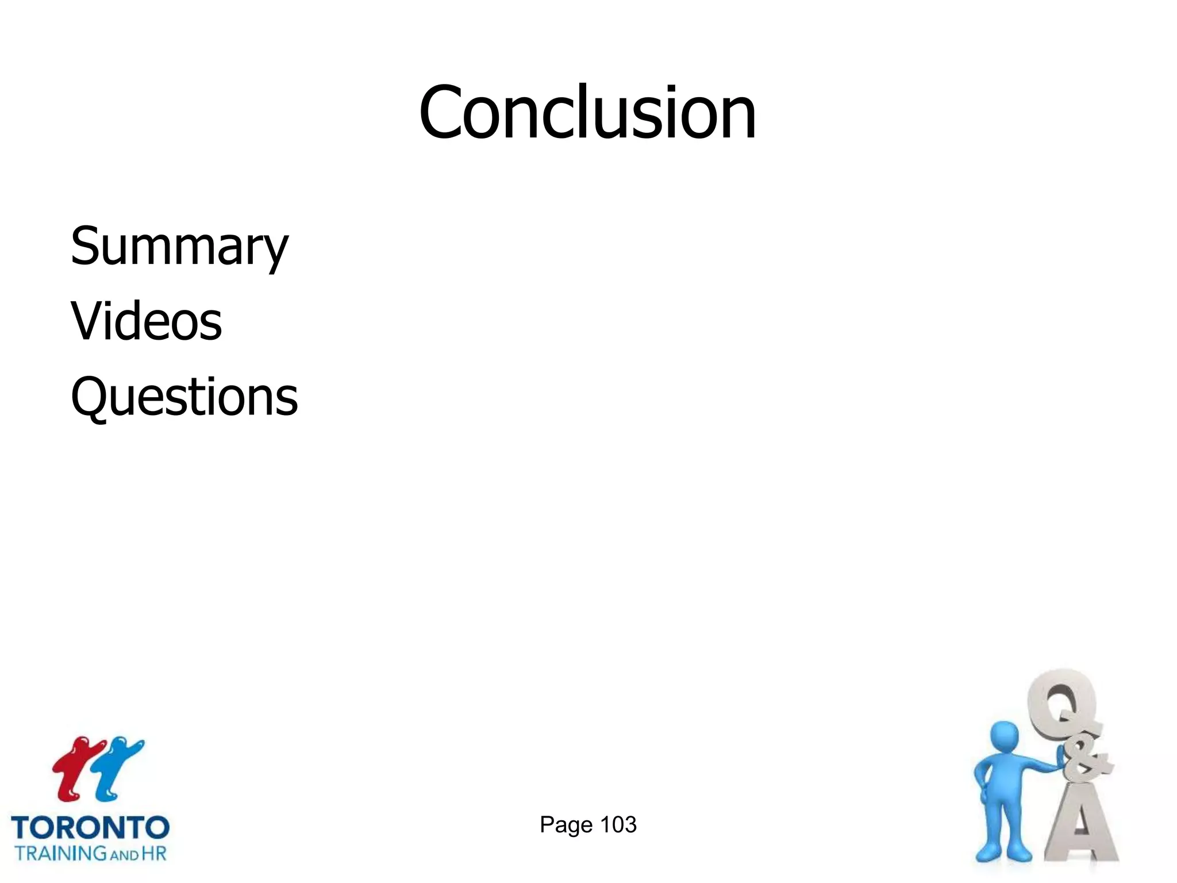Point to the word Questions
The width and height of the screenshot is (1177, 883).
[184, 397]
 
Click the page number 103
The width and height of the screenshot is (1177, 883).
[618, 824]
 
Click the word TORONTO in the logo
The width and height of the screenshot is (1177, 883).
[90, 828]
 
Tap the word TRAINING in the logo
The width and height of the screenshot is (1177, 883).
[61, 853]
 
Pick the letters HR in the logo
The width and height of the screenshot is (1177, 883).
[153, 853]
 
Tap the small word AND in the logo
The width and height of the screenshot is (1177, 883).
[124, 855]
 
